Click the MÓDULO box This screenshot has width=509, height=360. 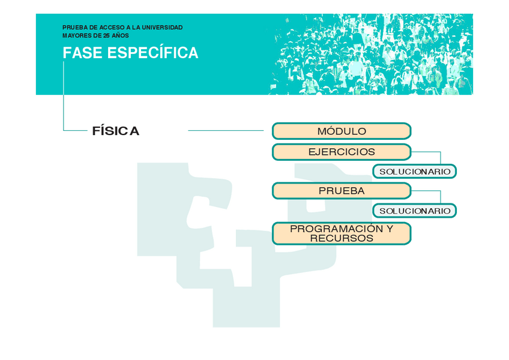tap(341, 131)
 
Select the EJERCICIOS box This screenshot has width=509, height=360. tap(341, 152)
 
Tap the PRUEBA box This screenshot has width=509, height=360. tap(341, 191)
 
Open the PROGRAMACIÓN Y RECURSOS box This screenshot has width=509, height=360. tap(341, 233)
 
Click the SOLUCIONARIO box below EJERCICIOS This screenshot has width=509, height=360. tap(415, 172)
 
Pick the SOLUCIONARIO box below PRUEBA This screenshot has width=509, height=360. tap(415, 211)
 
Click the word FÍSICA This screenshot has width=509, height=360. tap(116, 131)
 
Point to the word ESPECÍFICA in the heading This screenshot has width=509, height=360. tap(152, 53)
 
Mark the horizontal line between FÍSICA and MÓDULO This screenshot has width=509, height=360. tap(226, 130)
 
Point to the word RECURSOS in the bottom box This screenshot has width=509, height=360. tap(341, 238)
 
